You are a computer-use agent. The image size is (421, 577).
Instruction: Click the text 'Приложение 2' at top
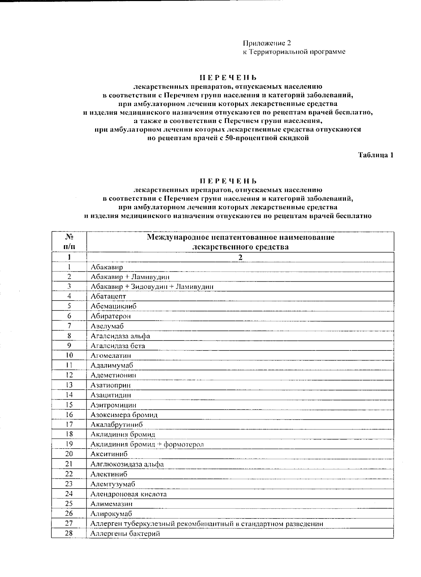click(267, 43)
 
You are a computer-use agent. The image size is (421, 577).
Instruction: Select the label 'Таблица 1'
click(375, 155)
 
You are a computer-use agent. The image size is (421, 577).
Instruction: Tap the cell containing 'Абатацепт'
click(108, 296)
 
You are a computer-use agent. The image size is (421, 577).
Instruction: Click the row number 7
click(69, 326)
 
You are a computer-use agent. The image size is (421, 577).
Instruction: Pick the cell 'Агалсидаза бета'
click(118, 345)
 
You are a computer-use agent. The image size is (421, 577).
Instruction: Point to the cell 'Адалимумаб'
click(112, 365)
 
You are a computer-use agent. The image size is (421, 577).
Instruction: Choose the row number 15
click(69, 405)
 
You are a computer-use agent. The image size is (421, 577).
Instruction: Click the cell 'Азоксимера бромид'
click(124, 415)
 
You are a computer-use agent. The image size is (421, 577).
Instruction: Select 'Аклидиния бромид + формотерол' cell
click(147, 444)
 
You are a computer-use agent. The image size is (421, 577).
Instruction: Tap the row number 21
click(69, 464)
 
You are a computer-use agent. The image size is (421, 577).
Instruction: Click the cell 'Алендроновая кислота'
click(128, 494)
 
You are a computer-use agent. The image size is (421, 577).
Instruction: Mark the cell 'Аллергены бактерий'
click(125, 534)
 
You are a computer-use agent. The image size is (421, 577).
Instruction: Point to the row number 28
click(69, 534)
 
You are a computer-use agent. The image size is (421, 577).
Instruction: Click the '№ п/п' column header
click(69, 242)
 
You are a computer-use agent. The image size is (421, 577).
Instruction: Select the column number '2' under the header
click(240, 257)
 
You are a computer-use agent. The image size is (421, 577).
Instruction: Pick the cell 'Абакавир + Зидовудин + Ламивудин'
click(152, 286)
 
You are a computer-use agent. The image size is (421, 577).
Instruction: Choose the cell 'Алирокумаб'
click(111, 514)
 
